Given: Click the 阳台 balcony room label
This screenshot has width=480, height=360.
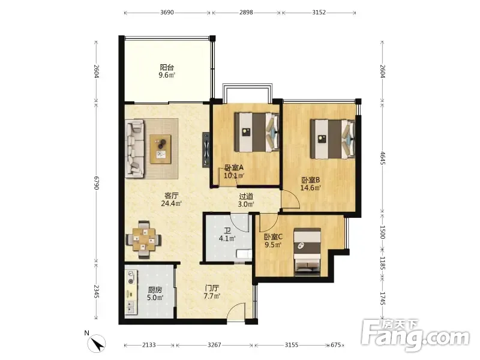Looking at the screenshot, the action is [x=167, y=71].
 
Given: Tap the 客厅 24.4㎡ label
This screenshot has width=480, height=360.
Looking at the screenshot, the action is [x=172, y=199].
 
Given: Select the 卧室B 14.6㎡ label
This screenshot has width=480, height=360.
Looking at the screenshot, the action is [x=310, y=184].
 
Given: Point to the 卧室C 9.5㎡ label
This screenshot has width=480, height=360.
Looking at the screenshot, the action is [x=273, y=241].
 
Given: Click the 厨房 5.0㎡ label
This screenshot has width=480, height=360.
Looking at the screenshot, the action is [x=155, y=293].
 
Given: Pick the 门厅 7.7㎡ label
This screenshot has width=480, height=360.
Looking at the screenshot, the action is [x=212, y=292].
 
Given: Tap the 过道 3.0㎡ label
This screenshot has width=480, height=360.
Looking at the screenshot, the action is [x=246, y=200].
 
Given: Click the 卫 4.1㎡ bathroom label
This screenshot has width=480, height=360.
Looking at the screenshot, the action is [x=227, y=234].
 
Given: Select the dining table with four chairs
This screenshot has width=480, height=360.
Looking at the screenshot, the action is [x=143, y=239].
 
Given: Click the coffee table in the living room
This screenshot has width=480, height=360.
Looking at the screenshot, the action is [x=160, y=149].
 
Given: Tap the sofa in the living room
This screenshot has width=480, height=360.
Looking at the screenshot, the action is [x=134, y=148].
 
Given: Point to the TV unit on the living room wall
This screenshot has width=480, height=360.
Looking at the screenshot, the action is [x=206, y=149].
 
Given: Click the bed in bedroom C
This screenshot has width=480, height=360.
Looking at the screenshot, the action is [x=307, y=251].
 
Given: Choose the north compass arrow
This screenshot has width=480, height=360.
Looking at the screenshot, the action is [x=97, y=343].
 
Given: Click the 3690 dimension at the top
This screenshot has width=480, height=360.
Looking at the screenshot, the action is [x=167, y=13].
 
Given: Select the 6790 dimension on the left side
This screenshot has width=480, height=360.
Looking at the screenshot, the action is [x=97, y=182].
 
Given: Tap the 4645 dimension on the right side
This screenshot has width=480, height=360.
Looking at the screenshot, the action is [x=382, y=158].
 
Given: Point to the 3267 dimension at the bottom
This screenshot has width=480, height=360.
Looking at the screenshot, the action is [x=214, y=345].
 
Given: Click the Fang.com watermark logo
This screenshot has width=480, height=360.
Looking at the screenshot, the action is [x=415, y=335].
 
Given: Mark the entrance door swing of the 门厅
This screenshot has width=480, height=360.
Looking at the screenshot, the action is [x=236, y=311].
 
